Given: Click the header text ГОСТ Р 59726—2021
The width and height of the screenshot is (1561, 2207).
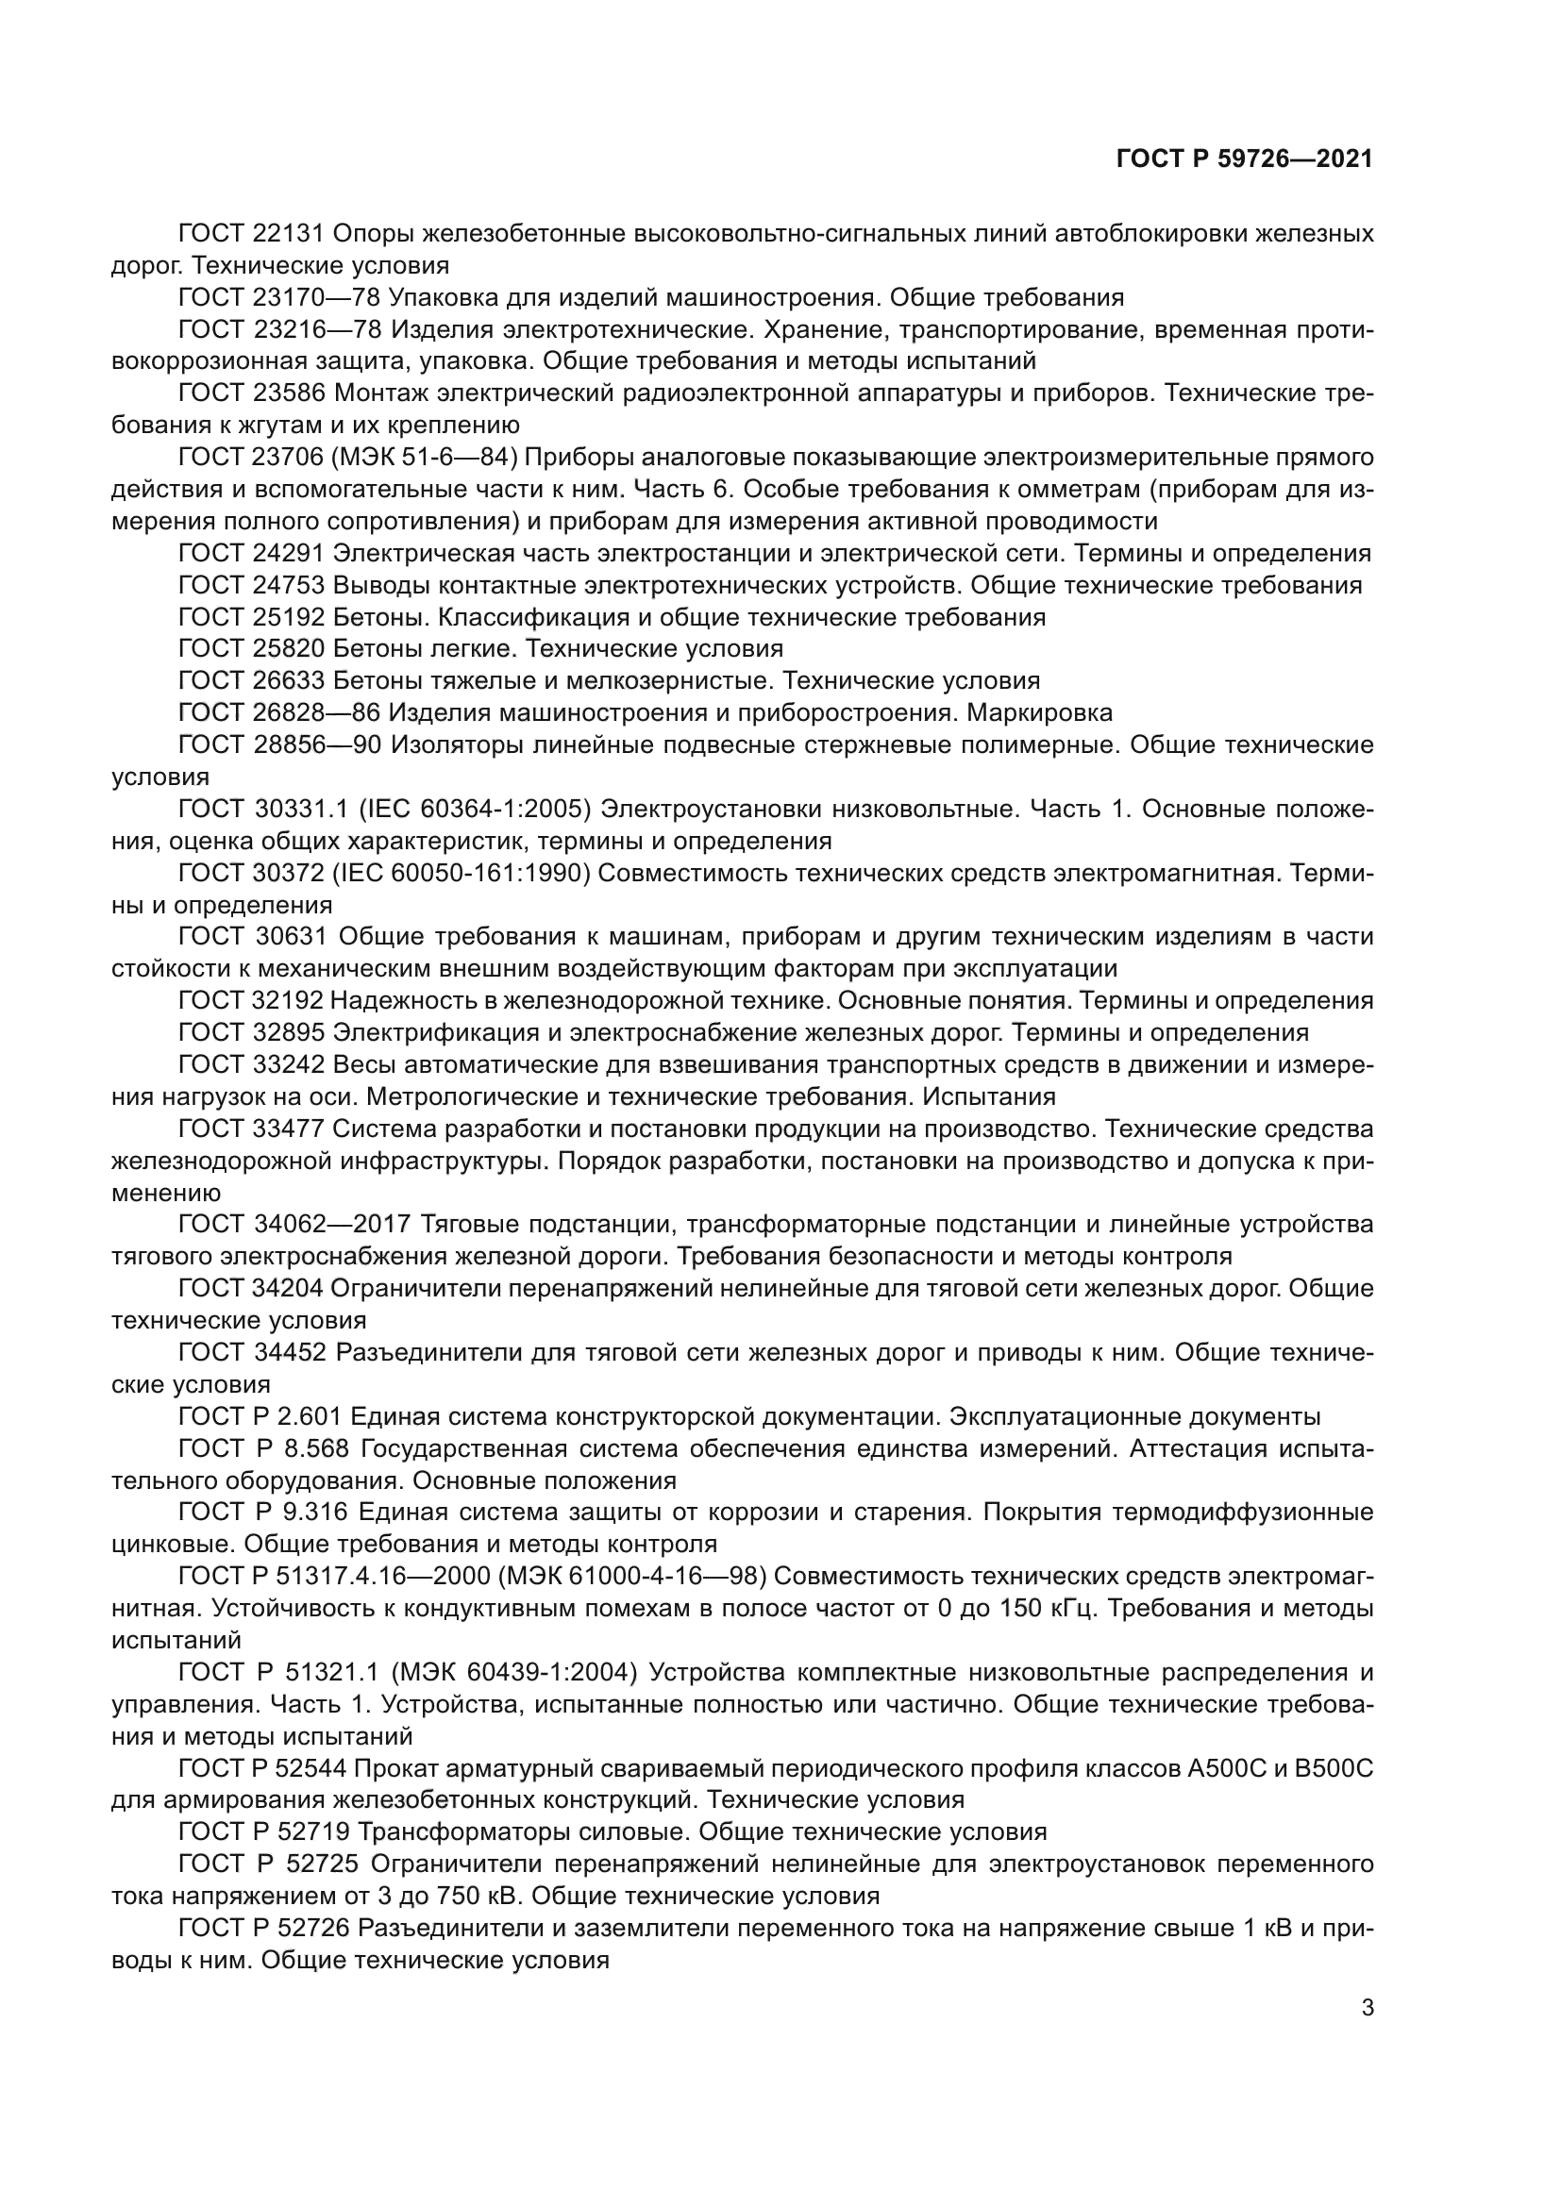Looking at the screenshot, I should pyautogui.click(x=1244, y=159).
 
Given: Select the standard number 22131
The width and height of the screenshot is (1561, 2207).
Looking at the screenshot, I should pyautogui.click(x=293, y=234).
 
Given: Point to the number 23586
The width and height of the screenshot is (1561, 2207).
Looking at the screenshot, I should pyautogui.click(x=293, y=393).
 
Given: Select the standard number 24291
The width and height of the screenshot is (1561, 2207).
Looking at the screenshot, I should pyautogui.click(x=293, y=554).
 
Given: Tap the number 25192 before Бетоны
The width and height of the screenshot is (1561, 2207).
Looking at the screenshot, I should pyautogui.click(x=293, y=617).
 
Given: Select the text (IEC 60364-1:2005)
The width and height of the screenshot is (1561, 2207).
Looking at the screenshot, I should pyautogui.click(x=474, y=810).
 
